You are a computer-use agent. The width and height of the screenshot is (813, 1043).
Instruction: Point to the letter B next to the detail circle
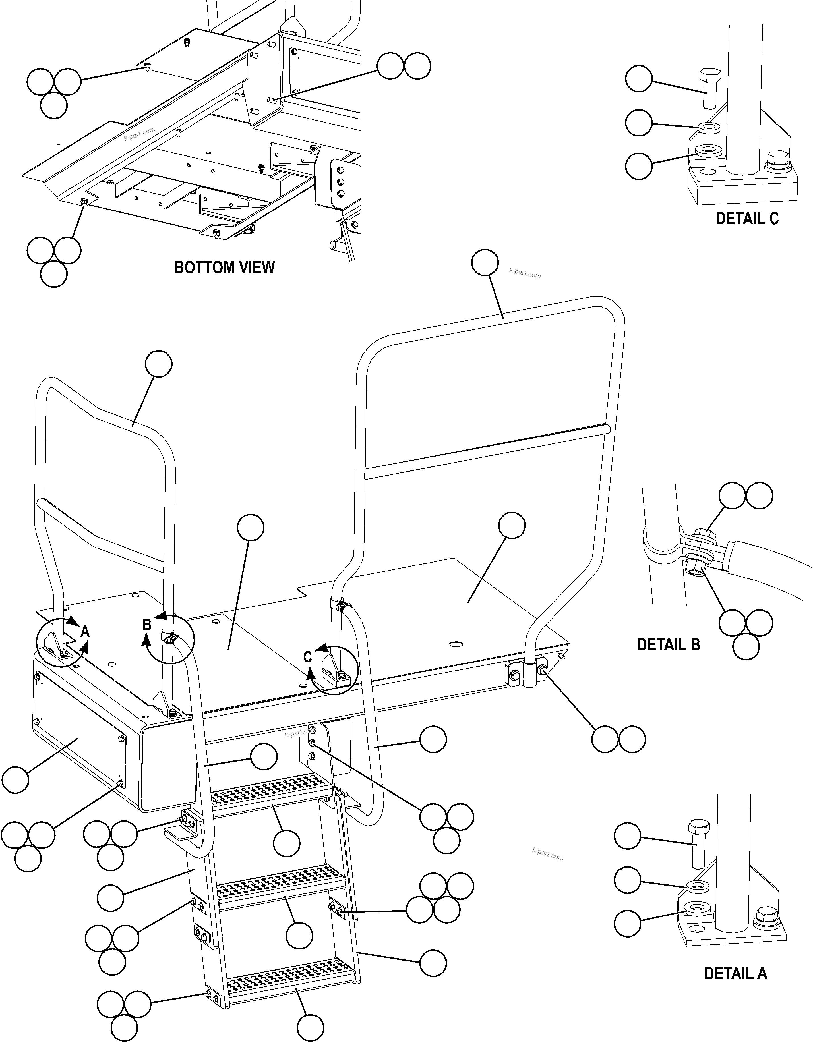147,624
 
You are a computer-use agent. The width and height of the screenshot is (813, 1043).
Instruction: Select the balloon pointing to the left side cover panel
15,780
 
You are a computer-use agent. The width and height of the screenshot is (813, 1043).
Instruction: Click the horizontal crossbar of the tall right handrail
487,451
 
